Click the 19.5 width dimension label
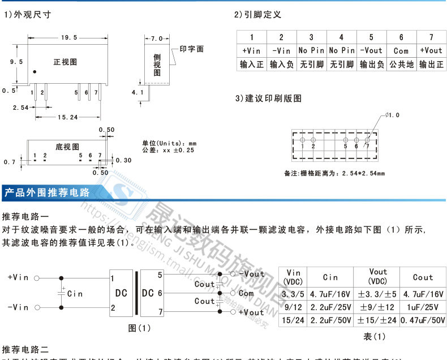tap(68, 37)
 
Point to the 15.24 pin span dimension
tap(67, 117)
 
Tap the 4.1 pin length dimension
tap(137, 92)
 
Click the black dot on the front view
tap(35, 72)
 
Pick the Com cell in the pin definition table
tap(401, 50)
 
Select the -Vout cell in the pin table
tap(371, 50)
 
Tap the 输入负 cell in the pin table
tap(281, 65)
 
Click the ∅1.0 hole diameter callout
tap(392, 115)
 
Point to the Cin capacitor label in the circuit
tap(75, 294)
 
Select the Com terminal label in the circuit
tap(246, 293)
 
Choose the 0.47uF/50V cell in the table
tap(423, 320)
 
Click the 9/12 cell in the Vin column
tap(293, 307)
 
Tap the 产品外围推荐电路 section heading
tap(47, 192)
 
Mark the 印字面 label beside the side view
tap(192, 49)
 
